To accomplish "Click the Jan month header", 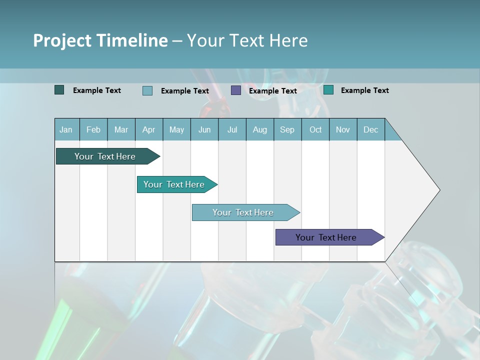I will coord(66,129).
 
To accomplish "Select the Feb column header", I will coord(93,129).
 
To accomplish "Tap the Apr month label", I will coord(149,129).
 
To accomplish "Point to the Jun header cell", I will coord(204,129).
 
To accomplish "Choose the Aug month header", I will coord(260,129).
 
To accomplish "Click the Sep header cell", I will coord(287,129).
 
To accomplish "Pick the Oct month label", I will coord(315,129).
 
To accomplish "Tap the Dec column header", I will coord(371,129).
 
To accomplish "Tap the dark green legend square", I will coord(59,90).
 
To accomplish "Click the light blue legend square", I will coord(147,90).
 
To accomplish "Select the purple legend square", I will coord(236,90).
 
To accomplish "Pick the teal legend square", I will coord(328,90).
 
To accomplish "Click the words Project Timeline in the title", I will coord(100,40).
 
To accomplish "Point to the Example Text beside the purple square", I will coord(273,91).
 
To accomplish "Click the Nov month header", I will coord(343,129).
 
